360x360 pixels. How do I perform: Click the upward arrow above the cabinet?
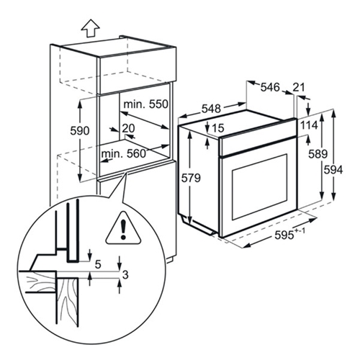(x=90, y=28)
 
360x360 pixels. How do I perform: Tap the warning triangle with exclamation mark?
(x=123, y=228)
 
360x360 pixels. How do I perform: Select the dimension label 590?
(x=80, y=131)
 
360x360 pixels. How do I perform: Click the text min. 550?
(x=145, y=104)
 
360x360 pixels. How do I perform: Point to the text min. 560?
(x=124, y=153)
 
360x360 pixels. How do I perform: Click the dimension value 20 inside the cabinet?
(x=128, y=128)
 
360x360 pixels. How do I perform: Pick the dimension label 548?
(x=211, y=109)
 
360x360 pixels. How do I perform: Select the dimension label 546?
(x=270, y=87)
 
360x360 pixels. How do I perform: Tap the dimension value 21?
(x=299, y=87)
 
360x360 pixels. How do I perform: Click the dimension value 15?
(x=218, y=128)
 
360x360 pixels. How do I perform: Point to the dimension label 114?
(x=309, y=125)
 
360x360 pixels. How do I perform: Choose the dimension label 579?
(x=191, y=178)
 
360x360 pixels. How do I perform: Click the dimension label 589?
(x=318, y=154)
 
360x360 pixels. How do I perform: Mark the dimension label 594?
(x=333, y=170)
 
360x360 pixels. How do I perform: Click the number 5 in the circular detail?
(x=98, y=264)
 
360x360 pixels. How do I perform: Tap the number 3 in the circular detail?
(x=125, y=275)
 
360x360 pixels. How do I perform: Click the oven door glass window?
(x=259, y=187)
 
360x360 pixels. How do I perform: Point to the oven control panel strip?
(x=258, y=145)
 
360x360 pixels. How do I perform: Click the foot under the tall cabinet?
(x=170, y=261)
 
